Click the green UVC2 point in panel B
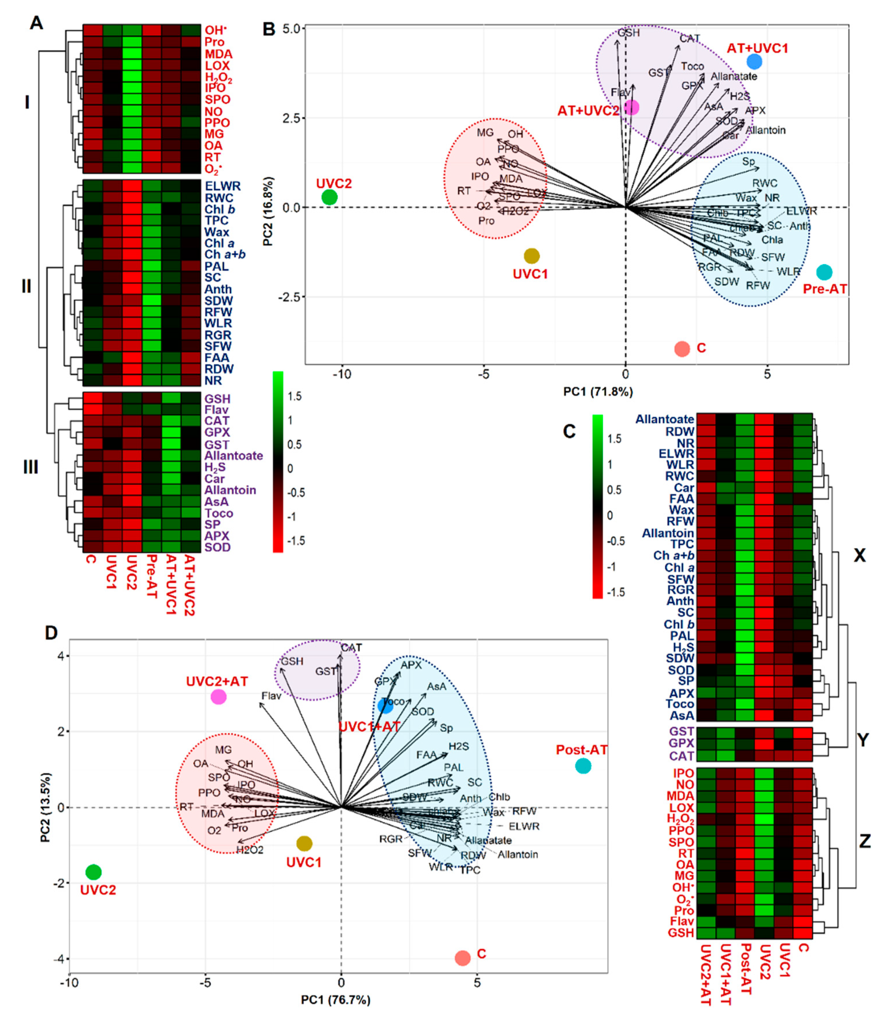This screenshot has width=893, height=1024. point(330,197)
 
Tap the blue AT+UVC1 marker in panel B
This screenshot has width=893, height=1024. point(754,61)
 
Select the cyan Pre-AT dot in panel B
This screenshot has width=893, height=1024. point(824,272)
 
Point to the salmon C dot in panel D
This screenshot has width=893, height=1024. point(462,957)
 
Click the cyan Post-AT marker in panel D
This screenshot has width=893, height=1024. point(583,766)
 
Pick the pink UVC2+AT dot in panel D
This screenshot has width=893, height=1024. point(218,696)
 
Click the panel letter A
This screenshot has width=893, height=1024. point(36,23)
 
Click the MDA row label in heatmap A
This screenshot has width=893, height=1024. point(219,54)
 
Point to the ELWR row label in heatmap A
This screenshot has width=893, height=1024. point(222,186)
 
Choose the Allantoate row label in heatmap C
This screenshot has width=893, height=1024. point(665,419)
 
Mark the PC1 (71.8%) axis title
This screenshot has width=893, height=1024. point(598,391)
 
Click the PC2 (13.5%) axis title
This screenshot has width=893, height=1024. point(46,807)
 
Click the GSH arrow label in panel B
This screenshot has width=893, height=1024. point(628,33)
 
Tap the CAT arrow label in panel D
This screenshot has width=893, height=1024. point(351,647)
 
